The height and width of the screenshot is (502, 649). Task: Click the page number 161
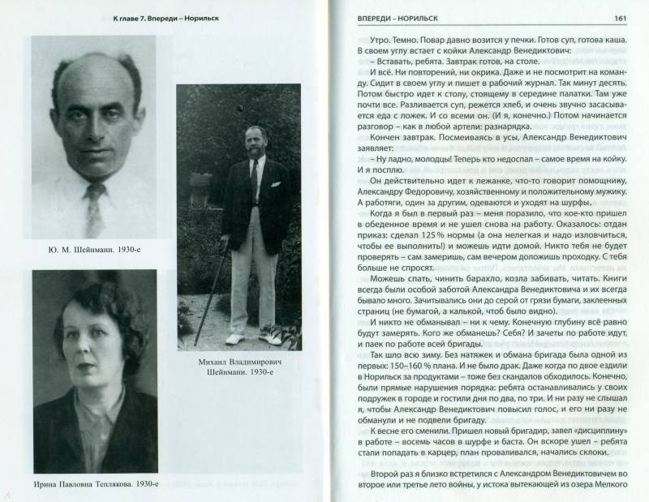click(619, 18)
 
